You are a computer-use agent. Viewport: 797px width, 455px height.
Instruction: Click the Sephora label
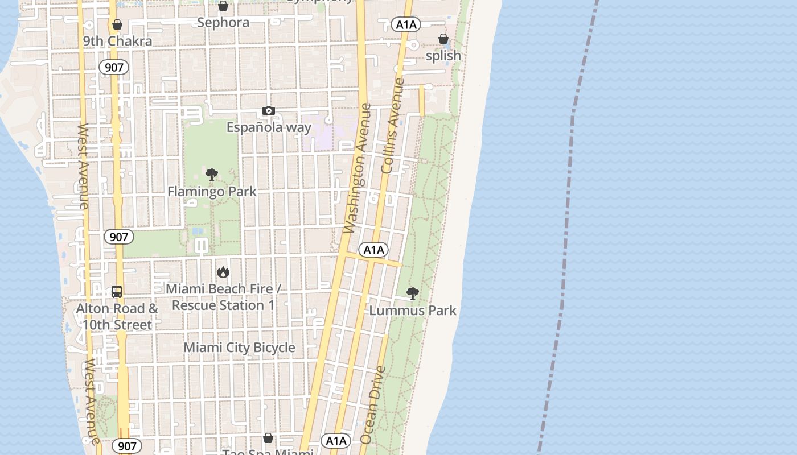coord(223,23)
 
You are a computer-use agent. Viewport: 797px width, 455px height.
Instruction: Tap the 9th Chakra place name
coord(117,41)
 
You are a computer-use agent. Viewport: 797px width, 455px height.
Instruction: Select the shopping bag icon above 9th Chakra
coord(117,24)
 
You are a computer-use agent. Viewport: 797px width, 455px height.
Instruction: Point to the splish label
coord(443,56)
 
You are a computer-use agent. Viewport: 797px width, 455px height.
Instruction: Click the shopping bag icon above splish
coord(443,39)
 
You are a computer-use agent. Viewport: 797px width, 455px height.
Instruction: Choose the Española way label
coord(269,127)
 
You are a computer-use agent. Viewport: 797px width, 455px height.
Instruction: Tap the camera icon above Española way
coord(269,110)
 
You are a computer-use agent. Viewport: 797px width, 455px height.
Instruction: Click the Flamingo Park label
coord(212,192)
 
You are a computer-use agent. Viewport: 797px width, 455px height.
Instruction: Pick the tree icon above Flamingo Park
coord(212,175)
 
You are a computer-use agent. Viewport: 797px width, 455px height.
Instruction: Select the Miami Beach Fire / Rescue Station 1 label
coord(223,297)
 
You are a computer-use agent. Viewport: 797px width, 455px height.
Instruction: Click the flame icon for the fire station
coord(223,272)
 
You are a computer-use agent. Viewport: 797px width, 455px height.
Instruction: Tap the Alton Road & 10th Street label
coord(117,317)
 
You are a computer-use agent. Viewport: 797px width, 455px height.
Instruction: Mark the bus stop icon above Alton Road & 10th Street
coord(117,292)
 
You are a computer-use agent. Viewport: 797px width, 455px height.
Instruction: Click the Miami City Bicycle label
coord(239,348)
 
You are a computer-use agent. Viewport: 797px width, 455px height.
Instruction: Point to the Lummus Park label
coord(413,311)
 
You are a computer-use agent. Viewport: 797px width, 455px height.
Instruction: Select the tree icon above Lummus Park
coord(413,293)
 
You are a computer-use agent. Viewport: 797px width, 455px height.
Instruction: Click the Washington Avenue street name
coord(359,168)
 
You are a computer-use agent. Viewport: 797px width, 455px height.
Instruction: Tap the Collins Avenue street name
coord(392,126)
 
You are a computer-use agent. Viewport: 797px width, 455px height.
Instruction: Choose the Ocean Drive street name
coord(373,405)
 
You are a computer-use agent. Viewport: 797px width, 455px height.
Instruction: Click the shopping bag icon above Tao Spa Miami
coord(268,438)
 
